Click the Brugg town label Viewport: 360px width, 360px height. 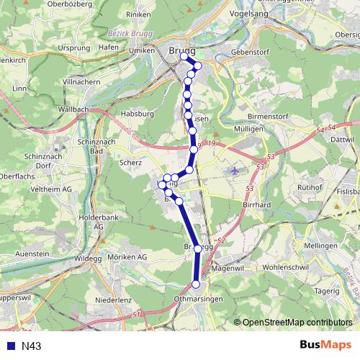pos(181,50)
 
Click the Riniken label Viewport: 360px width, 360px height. pos(138,34)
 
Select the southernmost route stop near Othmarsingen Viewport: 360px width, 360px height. pos(195,284)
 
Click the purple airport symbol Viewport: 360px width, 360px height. pos(235,171)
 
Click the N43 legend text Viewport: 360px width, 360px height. pos(31,346)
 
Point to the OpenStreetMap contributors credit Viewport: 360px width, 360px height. pos(296,322)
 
